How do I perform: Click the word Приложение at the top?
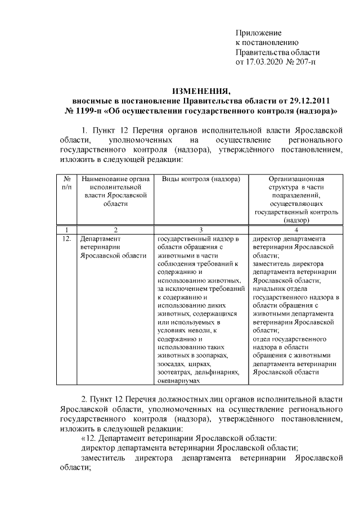coord(258,33)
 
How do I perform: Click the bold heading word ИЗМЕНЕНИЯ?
coord(201,92)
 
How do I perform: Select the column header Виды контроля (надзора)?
coord(201,179)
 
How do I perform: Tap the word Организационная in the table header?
coord(295,179)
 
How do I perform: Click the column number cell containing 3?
coord(201,229)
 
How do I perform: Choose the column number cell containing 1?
coord(66,229)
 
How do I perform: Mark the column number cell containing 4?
coord(295,229)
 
